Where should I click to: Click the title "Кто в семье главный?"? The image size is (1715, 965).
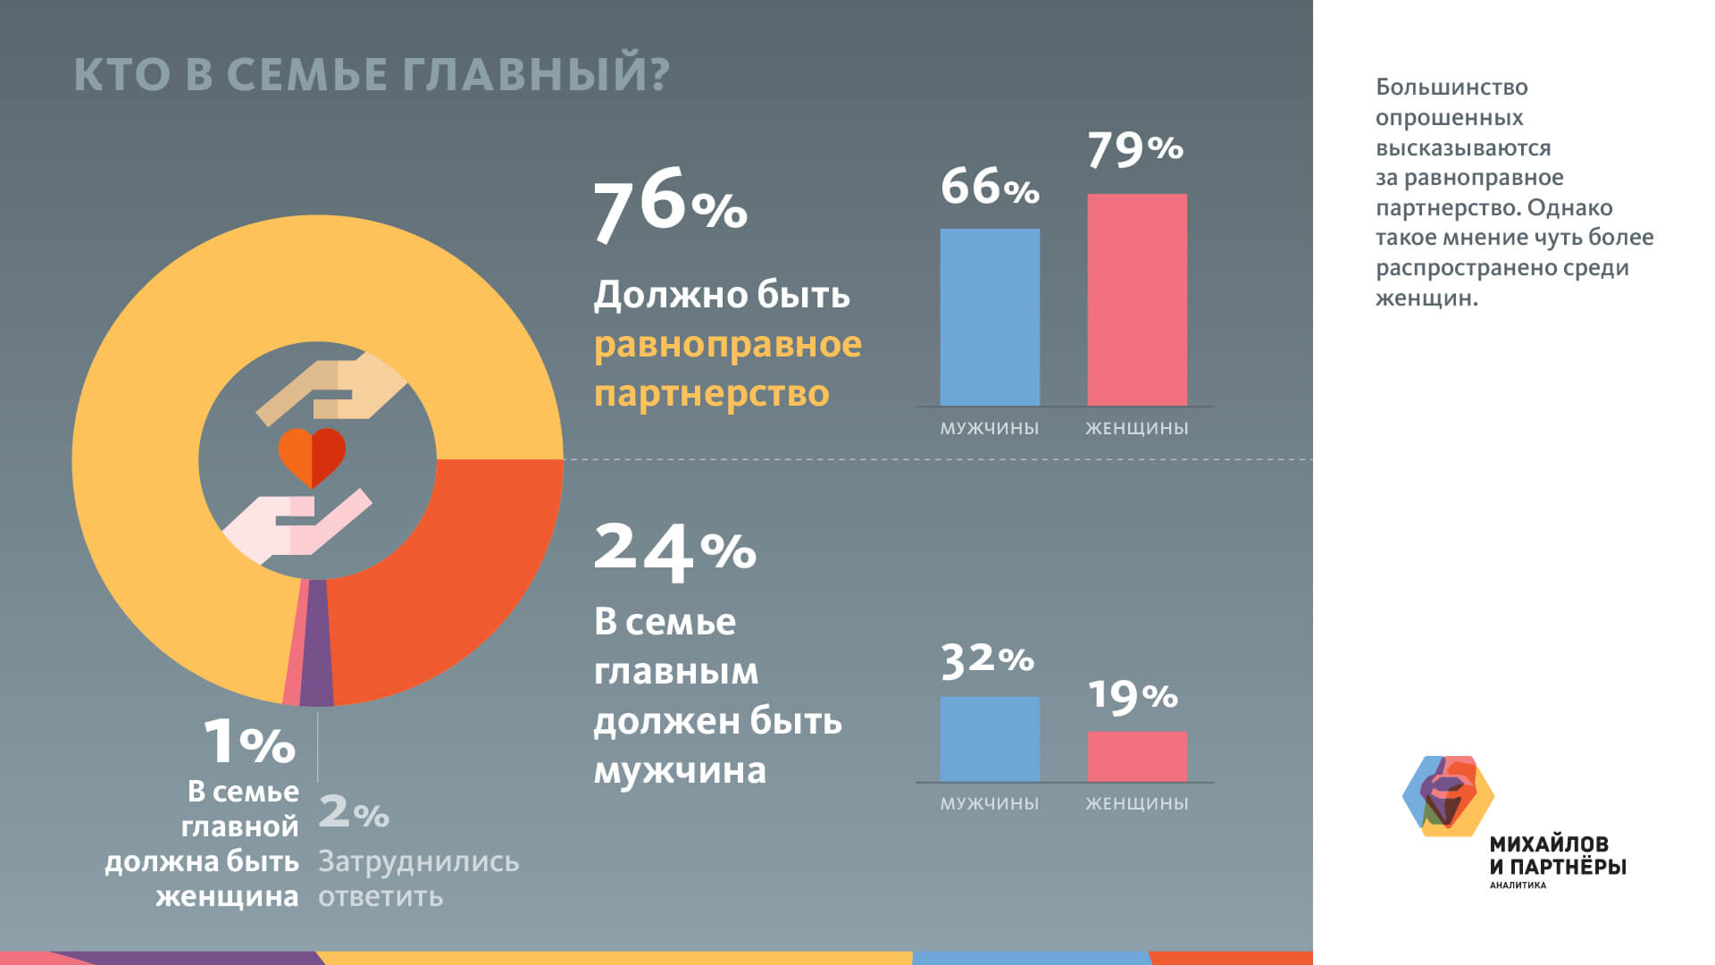coord(371,74)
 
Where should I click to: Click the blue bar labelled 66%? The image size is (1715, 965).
coord(990,317)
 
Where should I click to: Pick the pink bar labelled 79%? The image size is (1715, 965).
coord(1137,299)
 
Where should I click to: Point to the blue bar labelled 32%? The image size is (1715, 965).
coord(990,739)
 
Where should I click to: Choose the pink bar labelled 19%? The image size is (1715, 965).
coord(1137,756)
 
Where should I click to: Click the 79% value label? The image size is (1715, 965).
coord(1135,149)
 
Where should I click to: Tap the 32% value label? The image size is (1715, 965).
coord(987,660)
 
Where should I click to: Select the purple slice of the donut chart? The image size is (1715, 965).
coord(316,643)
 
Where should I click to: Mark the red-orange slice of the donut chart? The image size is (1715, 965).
coord(447,572)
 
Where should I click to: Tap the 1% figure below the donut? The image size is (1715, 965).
coord(249,742)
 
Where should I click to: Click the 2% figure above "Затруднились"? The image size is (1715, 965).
coord(354,811)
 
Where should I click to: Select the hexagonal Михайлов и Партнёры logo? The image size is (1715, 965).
coord(1447,796)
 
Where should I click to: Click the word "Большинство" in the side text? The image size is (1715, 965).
coord(1451,88)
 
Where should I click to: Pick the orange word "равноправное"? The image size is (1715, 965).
coord(727,344)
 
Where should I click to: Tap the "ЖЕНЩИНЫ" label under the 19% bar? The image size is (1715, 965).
coord(1136,803)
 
